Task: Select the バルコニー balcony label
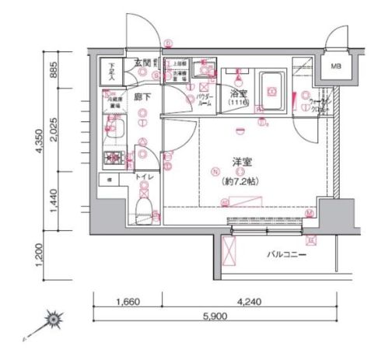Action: click(x=287, y=255)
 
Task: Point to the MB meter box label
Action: click(x=336, y=66)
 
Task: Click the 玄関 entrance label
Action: click(x=142, y=62)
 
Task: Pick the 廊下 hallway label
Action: click(x=142, y=97)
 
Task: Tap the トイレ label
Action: click(x=144, y=178)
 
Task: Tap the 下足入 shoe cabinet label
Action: click(x=111, y=72)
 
